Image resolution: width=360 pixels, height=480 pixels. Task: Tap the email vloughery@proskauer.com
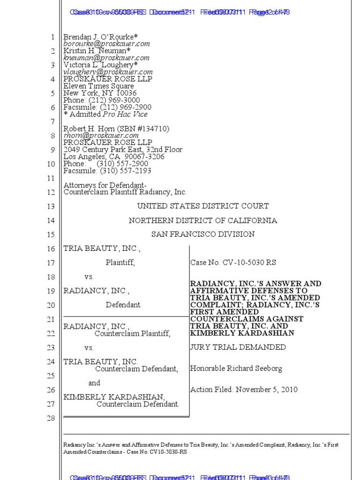tap(108, 72)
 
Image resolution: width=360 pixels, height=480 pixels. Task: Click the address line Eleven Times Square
tap(98, 86)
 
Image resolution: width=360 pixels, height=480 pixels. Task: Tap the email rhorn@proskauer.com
tap(101, 135)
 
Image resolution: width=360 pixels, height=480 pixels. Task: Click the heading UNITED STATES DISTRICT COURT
tap(203, 206)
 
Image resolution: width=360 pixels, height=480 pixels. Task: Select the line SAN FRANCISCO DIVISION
tap(203, 234)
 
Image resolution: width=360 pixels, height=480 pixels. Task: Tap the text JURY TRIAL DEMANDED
tap(238, 347)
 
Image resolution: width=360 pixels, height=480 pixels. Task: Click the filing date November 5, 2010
tap(267, 390)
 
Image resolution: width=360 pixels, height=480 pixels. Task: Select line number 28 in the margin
tap(51, 419)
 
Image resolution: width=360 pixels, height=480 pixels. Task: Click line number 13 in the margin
tap(51, 207)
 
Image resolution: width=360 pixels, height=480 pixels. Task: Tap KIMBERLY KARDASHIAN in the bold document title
tap(242, 333)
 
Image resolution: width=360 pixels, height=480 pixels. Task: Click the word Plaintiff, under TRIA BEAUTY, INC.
tap(120, 263)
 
